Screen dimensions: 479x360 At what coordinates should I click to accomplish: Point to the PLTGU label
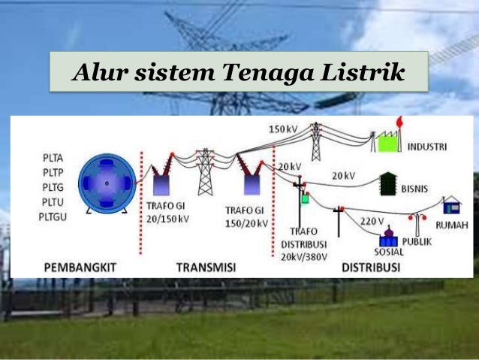click(54, 216)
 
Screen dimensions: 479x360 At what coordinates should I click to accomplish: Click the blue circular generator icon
click(107, 183)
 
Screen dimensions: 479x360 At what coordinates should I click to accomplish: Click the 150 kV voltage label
click(283, 129)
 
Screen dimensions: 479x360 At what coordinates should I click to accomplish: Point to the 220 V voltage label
click(372, 222)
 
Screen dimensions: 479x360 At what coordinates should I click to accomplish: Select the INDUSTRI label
click(426, 146)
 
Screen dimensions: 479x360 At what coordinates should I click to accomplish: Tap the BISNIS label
click(416, 185)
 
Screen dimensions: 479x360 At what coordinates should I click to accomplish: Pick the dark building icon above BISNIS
click(387, 182)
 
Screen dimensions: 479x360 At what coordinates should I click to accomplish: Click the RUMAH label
click(454, 222)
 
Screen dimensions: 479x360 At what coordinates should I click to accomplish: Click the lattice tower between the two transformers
click(205, 173)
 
